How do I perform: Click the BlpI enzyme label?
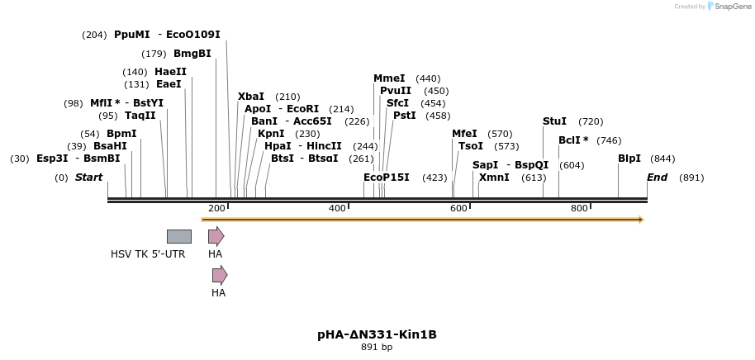click(629, 159)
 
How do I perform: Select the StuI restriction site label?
click(554, 121)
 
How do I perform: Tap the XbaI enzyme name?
click(251, 97)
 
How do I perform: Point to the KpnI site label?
click(271, 134)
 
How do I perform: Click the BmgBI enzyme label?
click(192, 54)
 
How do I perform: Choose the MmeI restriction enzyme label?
click(389, 78)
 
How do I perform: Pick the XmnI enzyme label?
click(493, 178)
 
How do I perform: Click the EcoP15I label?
click(386, 178)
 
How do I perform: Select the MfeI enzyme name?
click(464, 134)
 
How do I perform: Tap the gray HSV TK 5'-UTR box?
click(178, 236)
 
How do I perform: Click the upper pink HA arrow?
click(216, 236)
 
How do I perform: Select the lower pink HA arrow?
click(219, 275)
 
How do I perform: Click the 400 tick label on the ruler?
click(337, 208)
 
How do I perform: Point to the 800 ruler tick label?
click(579, 208)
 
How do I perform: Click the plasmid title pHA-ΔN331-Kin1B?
click(377, 334)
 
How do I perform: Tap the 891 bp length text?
click(377, 348)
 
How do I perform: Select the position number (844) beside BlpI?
click(662, 159)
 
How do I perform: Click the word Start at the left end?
click(88, 178)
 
